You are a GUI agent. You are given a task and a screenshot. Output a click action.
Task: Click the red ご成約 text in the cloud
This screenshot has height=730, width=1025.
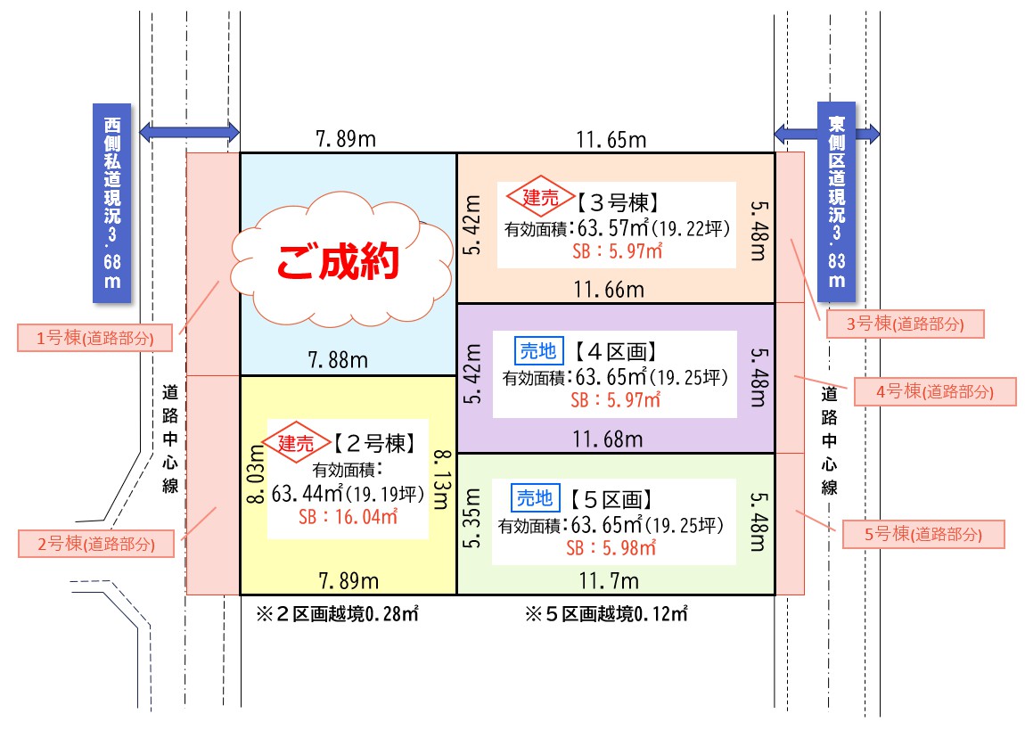click(x=337, y=261)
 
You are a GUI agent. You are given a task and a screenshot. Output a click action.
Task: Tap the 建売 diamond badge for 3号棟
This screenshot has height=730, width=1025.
click(x=541, y=196)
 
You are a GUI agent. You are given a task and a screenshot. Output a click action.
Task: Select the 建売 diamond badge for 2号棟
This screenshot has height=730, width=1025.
click(x=296, y=442)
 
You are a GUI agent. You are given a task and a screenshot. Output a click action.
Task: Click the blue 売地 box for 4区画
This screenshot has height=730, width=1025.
click(x=538, y=350)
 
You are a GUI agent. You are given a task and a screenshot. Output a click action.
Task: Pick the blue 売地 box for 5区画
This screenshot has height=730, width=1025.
click(x=536, y=498)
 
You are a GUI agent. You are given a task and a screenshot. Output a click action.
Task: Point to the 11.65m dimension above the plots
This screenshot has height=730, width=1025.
click(x=611, y=139)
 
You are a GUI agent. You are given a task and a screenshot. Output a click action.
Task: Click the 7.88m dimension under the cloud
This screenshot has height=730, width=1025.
click(x=338, y=360)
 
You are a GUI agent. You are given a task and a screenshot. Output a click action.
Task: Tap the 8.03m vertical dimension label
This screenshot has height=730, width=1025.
click(x=256, y=474)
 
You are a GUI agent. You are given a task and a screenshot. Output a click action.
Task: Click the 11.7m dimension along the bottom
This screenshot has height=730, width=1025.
click(x=609, y=580)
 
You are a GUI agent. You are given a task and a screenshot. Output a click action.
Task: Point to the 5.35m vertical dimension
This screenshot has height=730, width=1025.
click(x=472, y=518)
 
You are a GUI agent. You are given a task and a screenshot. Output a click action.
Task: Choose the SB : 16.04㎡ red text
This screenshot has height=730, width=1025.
click(x=348, y=517)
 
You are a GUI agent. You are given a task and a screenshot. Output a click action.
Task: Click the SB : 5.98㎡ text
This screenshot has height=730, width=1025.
click(x=611, y=547)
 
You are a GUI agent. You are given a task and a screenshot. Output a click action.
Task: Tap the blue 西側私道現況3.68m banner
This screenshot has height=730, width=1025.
click(x=111, y=203)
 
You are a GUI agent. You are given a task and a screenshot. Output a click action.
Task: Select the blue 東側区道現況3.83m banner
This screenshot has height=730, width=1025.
click(x=836, y=202)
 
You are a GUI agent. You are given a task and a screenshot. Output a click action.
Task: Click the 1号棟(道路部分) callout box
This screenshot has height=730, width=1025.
click(x=94, y=338)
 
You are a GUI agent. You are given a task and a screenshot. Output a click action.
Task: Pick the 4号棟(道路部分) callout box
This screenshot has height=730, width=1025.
click(x=935, y=391)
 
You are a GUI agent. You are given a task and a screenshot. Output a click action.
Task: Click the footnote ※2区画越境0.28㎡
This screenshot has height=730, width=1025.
click(x=337, y=613)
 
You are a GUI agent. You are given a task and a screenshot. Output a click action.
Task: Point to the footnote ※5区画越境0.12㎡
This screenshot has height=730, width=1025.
click(x=606, y=613)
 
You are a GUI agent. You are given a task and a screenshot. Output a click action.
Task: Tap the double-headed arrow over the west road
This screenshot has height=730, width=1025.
click(x=190, y=132)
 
